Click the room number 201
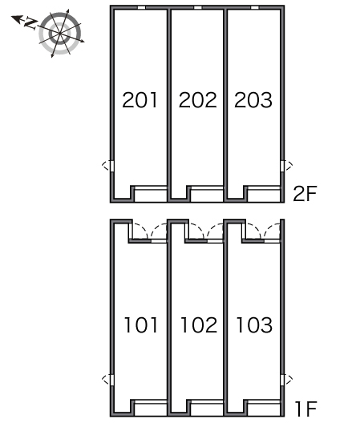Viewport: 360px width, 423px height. [x=140, y=100]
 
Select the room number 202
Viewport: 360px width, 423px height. [x=198, y=100]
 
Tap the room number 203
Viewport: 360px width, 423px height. [x=253, y=100]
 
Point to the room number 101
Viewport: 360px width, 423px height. [x=140, y=324]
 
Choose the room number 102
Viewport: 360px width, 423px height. [x=199, y=324]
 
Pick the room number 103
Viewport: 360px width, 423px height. [x=254, y=324]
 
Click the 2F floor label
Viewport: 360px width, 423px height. [x=305, y=193]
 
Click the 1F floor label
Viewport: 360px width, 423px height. [x=305, y=409]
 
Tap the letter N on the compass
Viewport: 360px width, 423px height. [x=30, y=23]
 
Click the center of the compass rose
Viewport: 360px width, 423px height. [x=59, y=34]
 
